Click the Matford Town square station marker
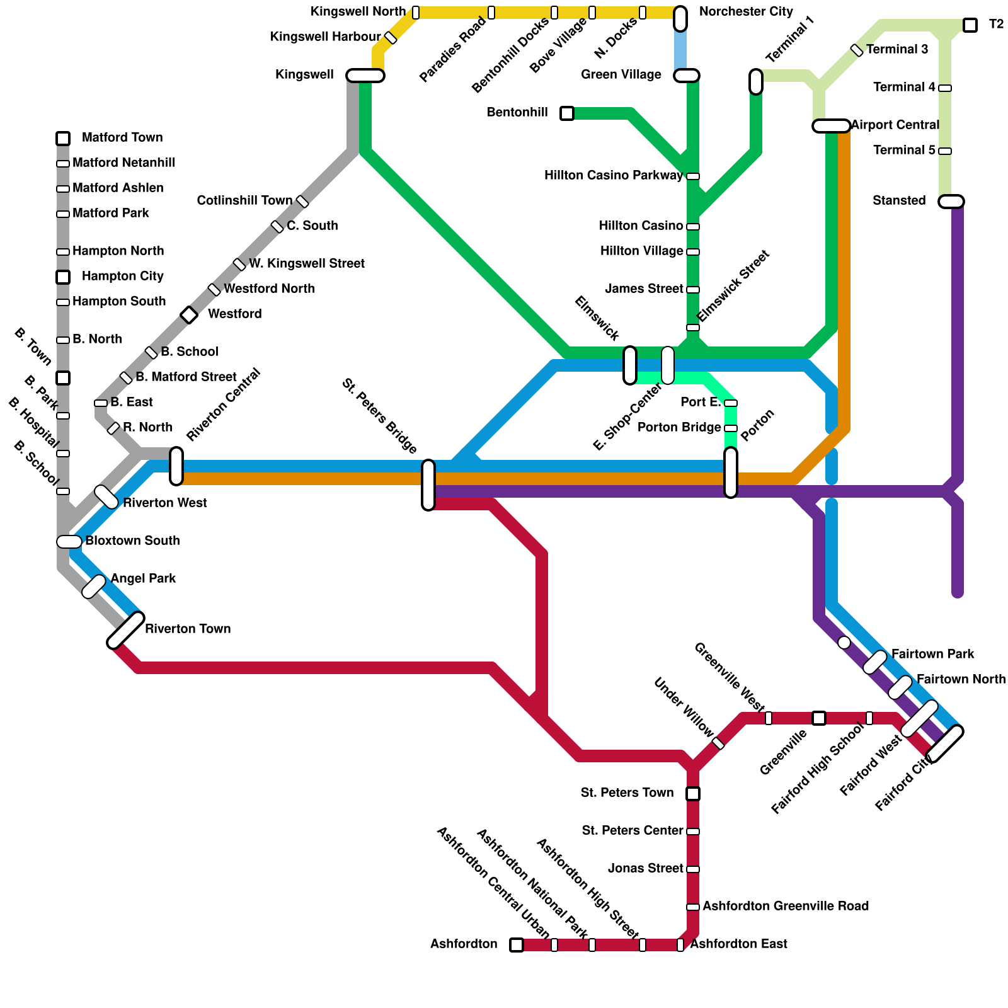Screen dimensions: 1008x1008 click(63, 138)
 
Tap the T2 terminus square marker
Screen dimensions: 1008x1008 click(970, 25)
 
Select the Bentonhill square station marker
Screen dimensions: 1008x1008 click(567, 113)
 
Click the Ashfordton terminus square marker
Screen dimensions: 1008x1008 click(517, 945)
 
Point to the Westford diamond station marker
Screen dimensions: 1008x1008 click(189, 315)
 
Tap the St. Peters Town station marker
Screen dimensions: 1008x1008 click(693, 794)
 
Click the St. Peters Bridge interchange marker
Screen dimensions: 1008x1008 click(428, 485)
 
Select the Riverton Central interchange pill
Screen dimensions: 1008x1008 click(176, 466)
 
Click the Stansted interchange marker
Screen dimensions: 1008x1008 click(951, 202)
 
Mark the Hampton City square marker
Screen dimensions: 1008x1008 click(63, 277)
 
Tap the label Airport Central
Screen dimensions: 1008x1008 click(895, 125)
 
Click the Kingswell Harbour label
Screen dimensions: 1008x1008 click(325, 37)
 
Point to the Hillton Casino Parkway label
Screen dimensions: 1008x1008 click(613, 176)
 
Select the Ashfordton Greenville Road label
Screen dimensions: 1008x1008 click(786, 907)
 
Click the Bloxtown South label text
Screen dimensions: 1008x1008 click(132, 541)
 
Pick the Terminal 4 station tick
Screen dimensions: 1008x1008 click(945, 88)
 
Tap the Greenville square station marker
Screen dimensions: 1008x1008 click(819, 718)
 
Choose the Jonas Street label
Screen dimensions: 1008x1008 click(645, 869)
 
